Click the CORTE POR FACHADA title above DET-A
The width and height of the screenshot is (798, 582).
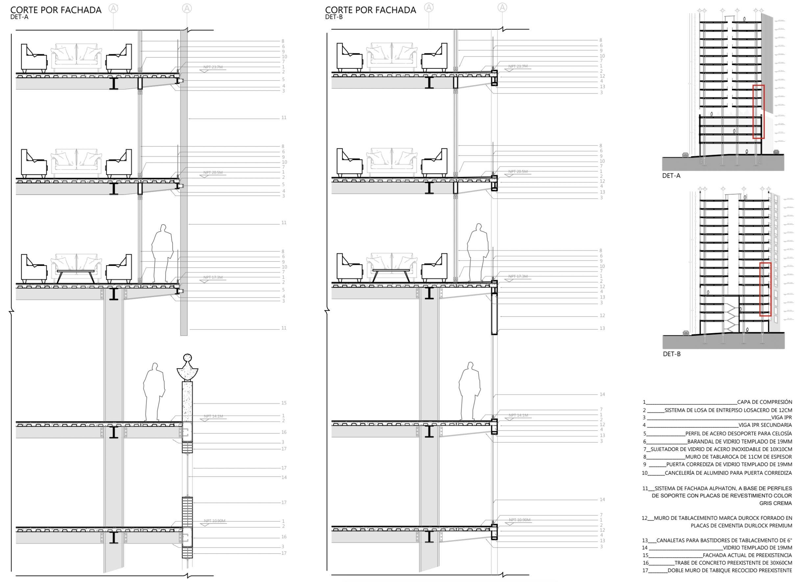(x=56, y=10)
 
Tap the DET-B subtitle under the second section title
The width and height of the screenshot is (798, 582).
(x=334, y=17)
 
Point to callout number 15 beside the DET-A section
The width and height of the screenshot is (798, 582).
(x=284, y=403)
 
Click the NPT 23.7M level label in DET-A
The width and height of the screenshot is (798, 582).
(x=213, y=67)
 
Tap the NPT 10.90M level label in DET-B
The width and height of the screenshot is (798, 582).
(x=518, y=520)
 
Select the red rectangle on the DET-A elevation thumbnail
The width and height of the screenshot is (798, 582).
(x=759, y=112)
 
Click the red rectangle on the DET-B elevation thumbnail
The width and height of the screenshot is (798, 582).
(x=765, y=289)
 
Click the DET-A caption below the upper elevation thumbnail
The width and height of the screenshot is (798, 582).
(x=671, y=175)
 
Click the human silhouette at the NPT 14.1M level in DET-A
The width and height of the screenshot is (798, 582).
(x=154, y=392)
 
